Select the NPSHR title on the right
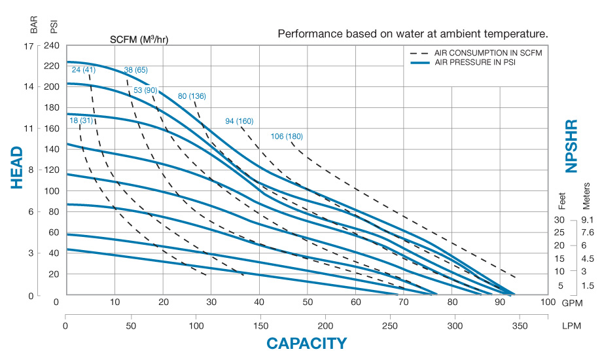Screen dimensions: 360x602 [x=571, y=145]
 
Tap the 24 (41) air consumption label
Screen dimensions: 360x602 [x=84, y=70]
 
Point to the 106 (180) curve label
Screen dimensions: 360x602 [x=287, y=137]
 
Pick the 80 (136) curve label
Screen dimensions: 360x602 [x=192, y=96]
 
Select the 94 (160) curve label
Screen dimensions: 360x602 [x=239, y=121]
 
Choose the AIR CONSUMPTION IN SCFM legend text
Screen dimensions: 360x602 [x=482, y=52]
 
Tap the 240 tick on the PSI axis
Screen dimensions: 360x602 [x=50, y=46]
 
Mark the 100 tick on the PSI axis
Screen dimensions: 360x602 [x=50, y=190]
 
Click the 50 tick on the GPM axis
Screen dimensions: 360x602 [x=308, y=302]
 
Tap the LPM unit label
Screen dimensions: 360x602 [x=572, y=325]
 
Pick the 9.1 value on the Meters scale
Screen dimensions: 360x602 [x=586, y=220]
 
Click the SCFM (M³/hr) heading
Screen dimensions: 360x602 [x=139, y=39]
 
